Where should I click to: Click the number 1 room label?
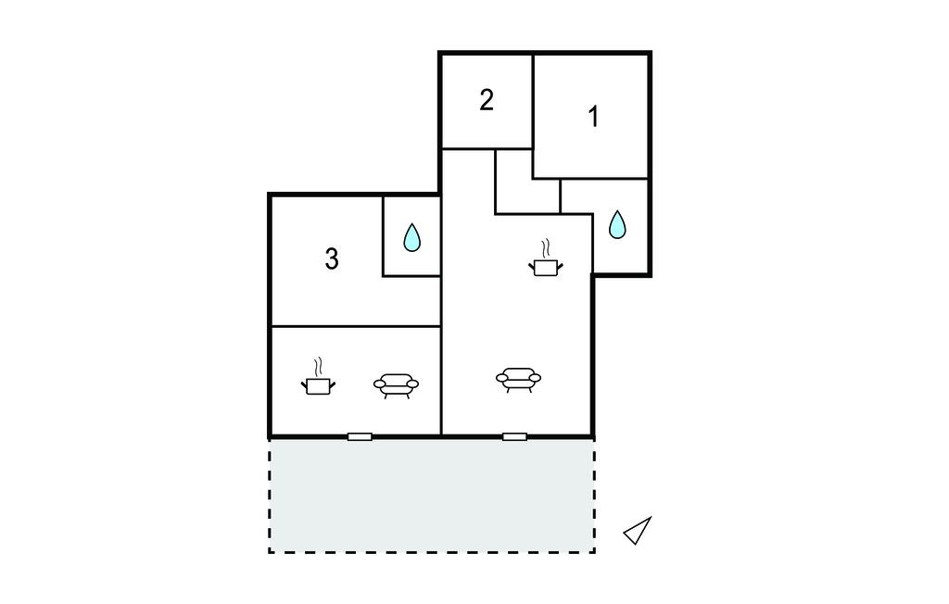(x=594, y=117)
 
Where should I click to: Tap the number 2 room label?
(x=487, y=100)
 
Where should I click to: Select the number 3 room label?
(x=332, y=259)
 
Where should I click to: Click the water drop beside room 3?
(x=412, y=237)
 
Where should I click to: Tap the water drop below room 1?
(x=617, y=224)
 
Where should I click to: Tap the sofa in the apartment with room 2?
(x=519, y=380)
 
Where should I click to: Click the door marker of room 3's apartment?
(x=360, y=436)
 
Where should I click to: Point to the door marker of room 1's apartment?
(x=514, y=436)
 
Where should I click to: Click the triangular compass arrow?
(x=638, y=530)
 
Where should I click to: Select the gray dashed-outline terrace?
(x=432, y=496)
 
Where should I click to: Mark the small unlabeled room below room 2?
(x=527, y=182)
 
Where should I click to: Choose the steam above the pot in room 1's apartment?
(x=546, y=249)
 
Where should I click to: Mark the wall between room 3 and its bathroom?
(x=383, y=236)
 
